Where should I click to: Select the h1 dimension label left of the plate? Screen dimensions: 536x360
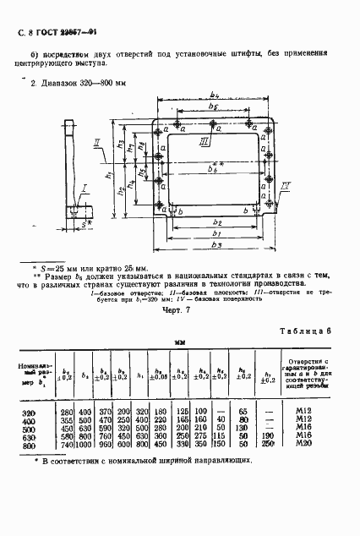(109, 175)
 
